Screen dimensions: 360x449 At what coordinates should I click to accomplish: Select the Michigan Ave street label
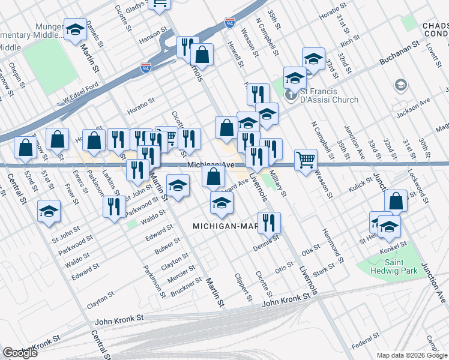(210, 164)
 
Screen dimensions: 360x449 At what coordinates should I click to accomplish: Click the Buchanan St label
(399, 54)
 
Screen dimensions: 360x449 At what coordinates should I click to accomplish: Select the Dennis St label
(267, 241)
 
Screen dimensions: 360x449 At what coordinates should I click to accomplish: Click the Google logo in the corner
(20, 353)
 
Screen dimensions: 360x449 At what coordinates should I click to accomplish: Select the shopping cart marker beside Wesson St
(306, 160)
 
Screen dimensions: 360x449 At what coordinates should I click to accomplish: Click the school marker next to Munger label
(75, 29)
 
